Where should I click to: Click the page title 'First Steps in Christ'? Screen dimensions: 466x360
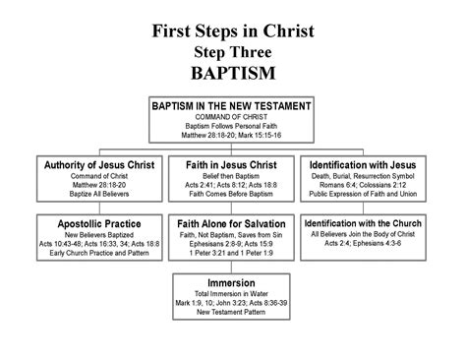[x=233, y=30]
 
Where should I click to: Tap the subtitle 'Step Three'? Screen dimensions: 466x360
[x=233, y=52]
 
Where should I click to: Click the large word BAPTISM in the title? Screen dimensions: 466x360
[x=233, y=73]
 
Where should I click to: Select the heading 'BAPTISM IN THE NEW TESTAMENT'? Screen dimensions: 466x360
[x=231, y=106]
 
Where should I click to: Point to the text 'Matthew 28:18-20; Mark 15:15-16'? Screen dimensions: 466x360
[x=231, y=135]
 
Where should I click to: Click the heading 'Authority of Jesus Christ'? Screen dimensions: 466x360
[x=99, y=165]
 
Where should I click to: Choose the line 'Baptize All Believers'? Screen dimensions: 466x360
[x=99, y=194]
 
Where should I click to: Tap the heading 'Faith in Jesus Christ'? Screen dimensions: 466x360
[x=231, y=165]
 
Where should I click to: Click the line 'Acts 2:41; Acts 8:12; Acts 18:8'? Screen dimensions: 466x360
[x=231, y=185]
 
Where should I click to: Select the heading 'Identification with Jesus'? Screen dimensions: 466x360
[x=363, y=165]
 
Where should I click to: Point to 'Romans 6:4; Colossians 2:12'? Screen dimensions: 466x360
[x=363, y=185]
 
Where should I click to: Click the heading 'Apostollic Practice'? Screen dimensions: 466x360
[x=99, y=224]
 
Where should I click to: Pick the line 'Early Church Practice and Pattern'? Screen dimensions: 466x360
[x=99, y=253]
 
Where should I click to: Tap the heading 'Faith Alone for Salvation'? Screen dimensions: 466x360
[x=231, y=224]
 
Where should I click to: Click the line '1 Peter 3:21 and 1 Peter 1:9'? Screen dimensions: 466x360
[x=231, y=253]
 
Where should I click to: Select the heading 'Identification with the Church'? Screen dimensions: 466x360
[x=363, y=223]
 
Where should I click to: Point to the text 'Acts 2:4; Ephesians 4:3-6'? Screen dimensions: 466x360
[x=363, y=243]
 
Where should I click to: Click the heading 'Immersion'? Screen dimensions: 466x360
[x=231, y=283]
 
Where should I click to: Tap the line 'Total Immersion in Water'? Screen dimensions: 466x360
[x=231, y=294]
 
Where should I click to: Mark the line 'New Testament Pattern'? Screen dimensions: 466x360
[x=231, y=312]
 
